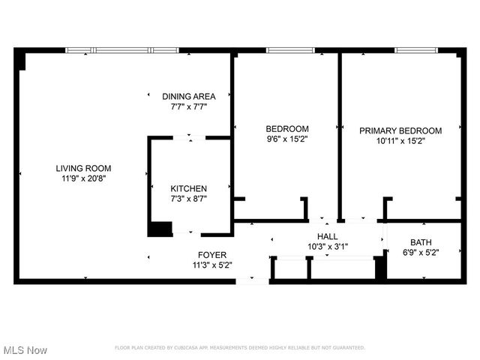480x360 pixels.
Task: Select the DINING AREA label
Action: (189, 96)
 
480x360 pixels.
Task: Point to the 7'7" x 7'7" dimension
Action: (189, 106)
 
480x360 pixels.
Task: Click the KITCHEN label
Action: (189, 188)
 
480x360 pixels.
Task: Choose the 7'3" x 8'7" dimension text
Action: (189, 199)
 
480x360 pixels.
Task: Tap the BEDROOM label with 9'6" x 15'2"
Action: (287, 128)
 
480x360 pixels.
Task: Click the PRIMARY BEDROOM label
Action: (400, 130)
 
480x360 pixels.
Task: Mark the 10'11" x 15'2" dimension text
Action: (400, 140)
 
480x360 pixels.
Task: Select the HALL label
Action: (328, 236)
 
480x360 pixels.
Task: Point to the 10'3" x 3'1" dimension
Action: (328, 247)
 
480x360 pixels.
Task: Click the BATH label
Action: (420, 242)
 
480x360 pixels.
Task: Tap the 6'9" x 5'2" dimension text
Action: (420, 253)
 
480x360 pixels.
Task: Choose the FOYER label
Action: (212, 255)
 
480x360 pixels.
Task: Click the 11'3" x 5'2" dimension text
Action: (212, 265)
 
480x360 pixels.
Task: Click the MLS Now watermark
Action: (25, 350)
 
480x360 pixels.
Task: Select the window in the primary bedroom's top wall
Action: (417, 51)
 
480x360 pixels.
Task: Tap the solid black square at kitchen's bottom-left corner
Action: (159, 229)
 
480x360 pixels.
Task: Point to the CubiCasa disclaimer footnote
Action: (239, 348)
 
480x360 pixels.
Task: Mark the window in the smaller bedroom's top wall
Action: (290, 51)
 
